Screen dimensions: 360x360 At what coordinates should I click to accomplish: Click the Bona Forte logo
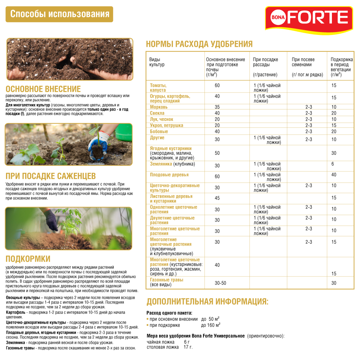point(309,17)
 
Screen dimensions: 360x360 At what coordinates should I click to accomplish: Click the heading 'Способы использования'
point(60,14)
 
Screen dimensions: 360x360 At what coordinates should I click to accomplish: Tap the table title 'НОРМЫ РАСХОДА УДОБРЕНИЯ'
point(199,44)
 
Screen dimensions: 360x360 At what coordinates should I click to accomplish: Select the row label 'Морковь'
point(159,107)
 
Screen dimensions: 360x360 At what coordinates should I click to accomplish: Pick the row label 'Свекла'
point(157,113)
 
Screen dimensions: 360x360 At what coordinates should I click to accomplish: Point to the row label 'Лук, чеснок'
point(161,119)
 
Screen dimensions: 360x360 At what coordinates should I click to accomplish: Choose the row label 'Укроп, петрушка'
point(166,125)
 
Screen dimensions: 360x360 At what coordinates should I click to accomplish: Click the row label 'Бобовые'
point(159,131)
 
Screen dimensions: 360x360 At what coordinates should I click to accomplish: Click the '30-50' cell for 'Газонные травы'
point(220,283)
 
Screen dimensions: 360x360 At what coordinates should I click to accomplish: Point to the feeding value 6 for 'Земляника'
point(333,164)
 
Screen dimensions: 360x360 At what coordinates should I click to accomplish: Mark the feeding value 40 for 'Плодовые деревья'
point(334,175)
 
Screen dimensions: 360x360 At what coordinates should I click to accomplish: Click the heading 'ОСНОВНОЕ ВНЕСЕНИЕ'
point(43,89)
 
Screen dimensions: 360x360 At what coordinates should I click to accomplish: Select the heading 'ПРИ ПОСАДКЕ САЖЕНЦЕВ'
point(50,176)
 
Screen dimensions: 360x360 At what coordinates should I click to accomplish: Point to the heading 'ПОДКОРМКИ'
point(28,259)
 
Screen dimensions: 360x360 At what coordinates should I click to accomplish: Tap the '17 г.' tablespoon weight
point(188,347)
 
